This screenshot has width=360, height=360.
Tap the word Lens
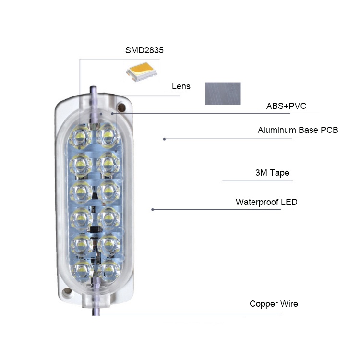tap(181, 87)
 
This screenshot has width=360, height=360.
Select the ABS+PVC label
tap(286, 106)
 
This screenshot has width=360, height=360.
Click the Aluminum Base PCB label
tap(298, 130)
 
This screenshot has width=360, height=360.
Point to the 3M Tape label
tap(272, 173)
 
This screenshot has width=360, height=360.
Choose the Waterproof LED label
tap(266, 202)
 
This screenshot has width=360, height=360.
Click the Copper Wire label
tap(274, 304)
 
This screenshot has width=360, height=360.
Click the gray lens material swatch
tap(223, 93)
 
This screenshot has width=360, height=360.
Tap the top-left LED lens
tap(80, 137)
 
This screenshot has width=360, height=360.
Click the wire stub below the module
tap(94, 312)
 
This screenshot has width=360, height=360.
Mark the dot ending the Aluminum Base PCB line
tap(164, 139)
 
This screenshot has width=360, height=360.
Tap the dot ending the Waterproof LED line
tap(153, 209)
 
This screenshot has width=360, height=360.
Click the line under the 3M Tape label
tap(257, 181)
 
